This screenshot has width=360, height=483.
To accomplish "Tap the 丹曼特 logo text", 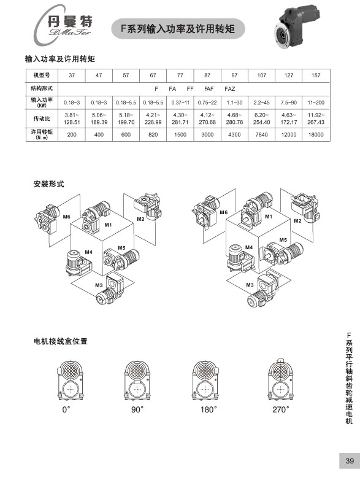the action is coord(70,21).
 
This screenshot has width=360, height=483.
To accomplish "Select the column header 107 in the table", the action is coord(261,75).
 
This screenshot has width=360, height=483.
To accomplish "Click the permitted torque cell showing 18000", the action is coord(316,134).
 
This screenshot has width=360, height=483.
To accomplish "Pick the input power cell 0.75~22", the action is coord(207,102).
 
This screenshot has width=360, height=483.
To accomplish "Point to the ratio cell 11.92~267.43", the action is coord(316,118).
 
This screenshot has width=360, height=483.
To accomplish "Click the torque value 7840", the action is coord(261,134).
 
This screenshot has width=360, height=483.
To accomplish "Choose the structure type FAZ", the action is coord(229,89).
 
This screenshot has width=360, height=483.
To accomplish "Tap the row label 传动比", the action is coord(42,118).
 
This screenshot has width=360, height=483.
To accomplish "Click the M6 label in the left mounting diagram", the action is coord(66,217).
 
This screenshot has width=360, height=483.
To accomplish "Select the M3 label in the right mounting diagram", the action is coord(250,285).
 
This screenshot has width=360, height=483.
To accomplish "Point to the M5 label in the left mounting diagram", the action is coord(121,248).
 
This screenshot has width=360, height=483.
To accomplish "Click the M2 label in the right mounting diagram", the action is coord(297,220).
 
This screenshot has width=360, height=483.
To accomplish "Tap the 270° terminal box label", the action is coord(281,409).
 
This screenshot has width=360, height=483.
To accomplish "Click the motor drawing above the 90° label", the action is coord(137,380).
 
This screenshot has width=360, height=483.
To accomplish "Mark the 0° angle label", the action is coord(66,409).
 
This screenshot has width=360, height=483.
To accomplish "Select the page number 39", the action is coord(350,461).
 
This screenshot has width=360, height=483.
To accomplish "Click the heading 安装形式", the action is coord(48,184).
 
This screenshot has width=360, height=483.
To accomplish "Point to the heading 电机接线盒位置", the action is coord(61,341).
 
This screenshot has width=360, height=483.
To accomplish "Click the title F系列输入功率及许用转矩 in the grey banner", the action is coord(178,29).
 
